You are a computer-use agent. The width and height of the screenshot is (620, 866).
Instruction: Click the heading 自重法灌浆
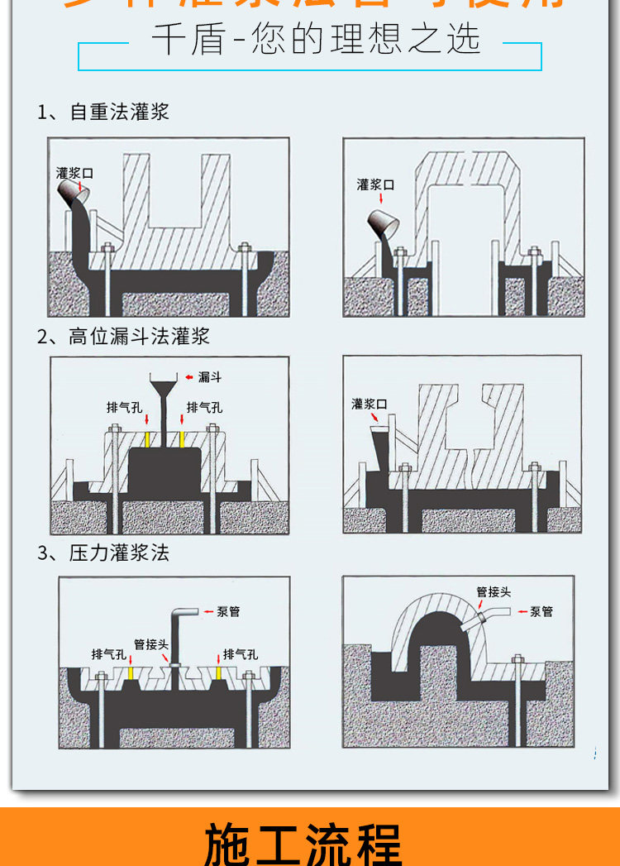coord(119,112)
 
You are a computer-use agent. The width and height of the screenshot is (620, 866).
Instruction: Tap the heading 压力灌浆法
coord(119,553)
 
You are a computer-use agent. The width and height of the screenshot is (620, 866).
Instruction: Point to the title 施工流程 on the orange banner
coord(304,844)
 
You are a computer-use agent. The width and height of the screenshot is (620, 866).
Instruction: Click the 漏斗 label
coord(210,377)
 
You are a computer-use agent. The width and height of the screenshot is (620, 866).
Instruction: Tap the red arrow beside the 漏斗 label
coord(189,377)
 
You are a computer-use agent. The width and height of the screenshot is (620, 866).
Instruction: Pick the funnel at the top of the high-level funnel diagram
coord(162,387)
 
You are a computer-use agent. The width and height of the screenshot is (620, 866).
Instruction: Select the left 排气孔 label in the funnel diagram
coord(124,407)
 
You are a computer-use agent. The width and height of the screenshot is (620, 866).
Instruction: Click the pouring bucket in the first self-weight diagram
coord(72,193)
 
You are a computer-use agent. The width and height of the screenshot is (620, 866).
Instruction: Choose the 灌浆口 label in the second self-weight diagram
coord(375,184)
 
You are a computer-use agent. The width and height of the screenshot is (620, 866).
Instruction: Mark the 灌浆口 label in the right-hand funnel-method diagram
coord(369,404)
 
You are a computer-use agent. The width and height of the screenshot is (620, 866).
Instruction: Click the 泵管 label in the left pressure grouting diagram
coord(228,612)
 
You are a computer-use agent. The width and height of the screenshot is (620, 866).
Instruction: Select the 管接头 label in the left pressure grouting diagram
coord(151,644)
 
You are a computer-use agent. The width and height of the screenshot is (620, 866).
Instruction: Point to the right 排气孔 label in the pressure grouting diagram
coord(241,653)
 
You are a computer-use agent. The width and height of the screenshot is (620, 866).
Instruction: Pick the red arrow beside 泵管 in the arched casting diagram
coord(522,612)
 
